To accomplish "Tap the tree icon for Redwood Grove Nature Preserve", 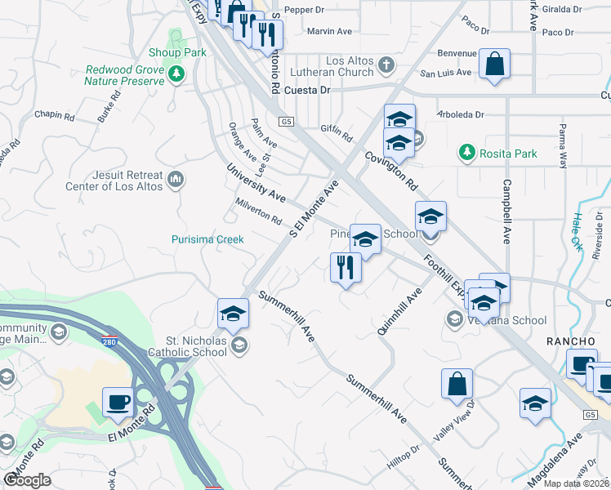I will [x=176, y=75].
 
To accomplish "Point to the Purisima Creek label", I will [x=207, y=239].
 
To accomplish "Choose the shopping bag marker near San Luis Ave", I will [x=495, y=64].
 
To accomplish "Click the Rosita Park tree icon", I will [x=466, y=153].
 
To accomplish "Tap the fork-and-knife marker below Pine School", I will [x=346, y=267].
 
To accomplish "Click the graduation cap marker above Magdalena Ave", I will [x=535, y=403].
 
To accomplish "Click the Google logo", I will [x=27, y=480].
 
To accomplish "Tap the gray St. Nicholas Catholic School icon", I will [x=239, y=344].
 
